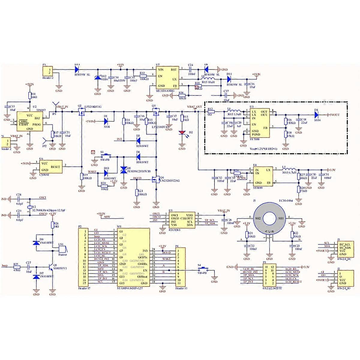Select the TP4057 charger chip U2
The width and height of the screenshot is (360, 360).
(29, 121)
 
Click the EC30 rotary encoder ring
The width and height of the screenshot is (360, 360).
(269, 218)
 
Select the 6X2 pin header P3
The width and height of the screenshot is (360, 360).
(268, 275)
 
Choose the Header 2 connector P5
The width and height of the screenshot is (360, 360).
(47, 71)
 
